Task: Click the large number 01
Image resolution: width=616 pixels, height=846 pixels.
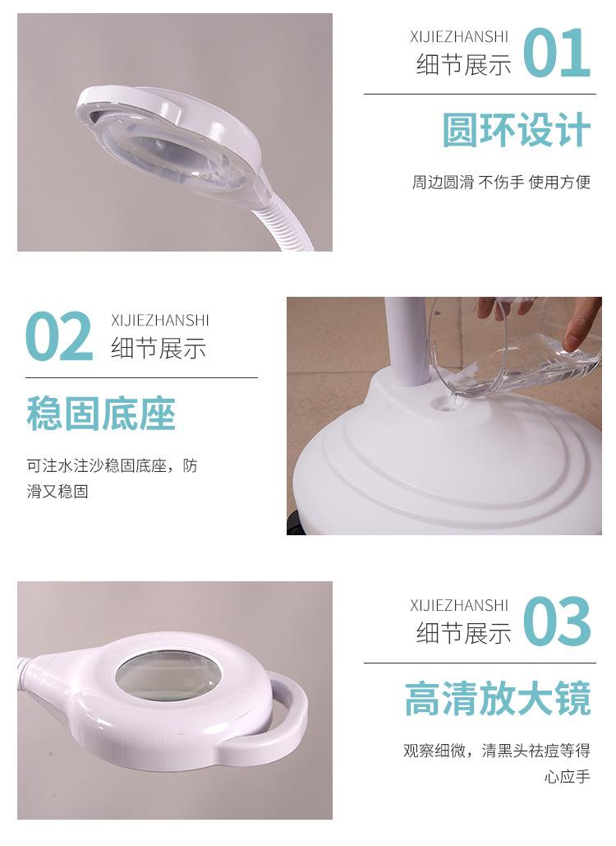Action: tap(557, 53)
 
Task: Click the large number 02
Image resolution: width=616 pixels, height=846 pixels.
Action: tap(59, 337)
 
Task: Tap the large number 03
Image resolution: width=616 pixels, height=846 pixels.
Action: tap(557, 621)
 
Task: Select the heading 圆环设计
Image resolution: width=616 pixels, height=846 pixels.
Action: tap(517, 130)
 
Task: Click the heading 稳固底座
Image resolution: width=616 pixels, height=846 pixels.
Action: tap(101, 414)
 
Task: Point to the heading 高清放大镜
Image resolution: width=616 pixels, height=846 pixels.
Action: tap(498, 698)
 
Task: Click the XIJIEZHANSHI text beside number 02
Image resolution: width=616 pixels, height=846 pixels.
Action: tap(159, 321)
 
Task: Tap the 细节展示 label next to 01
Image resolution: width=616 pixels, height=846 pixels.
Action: tap(463, 65)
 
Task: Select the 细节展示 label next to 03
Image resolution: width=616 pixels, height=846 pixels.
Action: tap(463, 633)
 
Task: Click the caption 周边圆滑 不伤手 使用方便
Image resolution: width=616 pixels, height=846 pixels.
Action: tap(501, 183)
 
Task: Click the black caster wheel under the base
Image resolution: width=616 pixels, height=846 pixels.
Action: tap(294, 525)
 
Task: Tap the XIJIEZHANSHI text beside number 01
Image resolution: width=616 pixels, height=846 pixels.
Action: tap(459, 37)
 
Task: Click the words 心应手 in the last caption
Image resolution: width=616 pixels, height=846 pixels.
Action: tap(568, 777)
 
